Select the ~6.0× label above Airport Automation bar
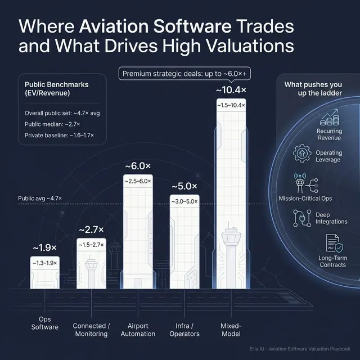point(137,166)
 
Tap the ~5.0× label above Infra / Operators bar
point(184,186)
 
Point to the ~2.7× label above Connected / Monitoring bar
point(91,229)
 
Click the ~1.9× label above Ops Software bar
point(44,247)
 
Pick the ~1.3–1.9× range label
point(44,263)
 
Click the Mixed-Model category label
point(231,330)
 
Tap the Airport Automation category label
point(138,330)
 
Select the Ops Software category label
point(44,330)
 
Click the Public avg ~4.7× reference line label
point(40,199)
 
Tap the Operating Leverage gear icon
point(302,152)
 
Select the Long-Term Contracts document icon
point(329,244)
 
